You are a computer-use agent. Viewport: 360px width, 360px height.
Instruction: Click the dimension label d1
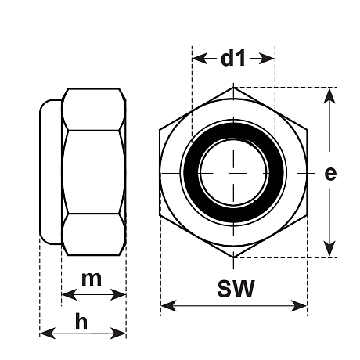[233, 58]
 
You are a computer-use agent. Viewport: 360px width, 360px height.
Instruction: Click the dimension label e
[331, 173]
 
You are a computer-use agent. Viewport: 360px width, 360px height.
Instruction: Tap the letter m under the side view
[92, 279]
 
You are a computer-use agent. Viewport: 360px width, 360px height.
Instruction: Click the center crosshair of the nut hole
[234, 172]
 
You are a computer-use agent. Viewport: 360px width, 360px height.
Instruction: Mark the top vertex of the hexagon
[234, 88]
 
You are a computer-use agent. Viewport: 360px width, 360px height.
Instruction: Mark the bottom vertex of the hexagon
[234, 257]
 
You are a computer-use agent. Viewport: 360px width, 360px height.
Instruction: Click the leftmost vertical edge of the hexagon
[160, 172]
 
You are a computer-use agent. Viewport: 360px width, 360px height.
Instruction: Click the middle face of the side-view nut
[94, 172]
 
